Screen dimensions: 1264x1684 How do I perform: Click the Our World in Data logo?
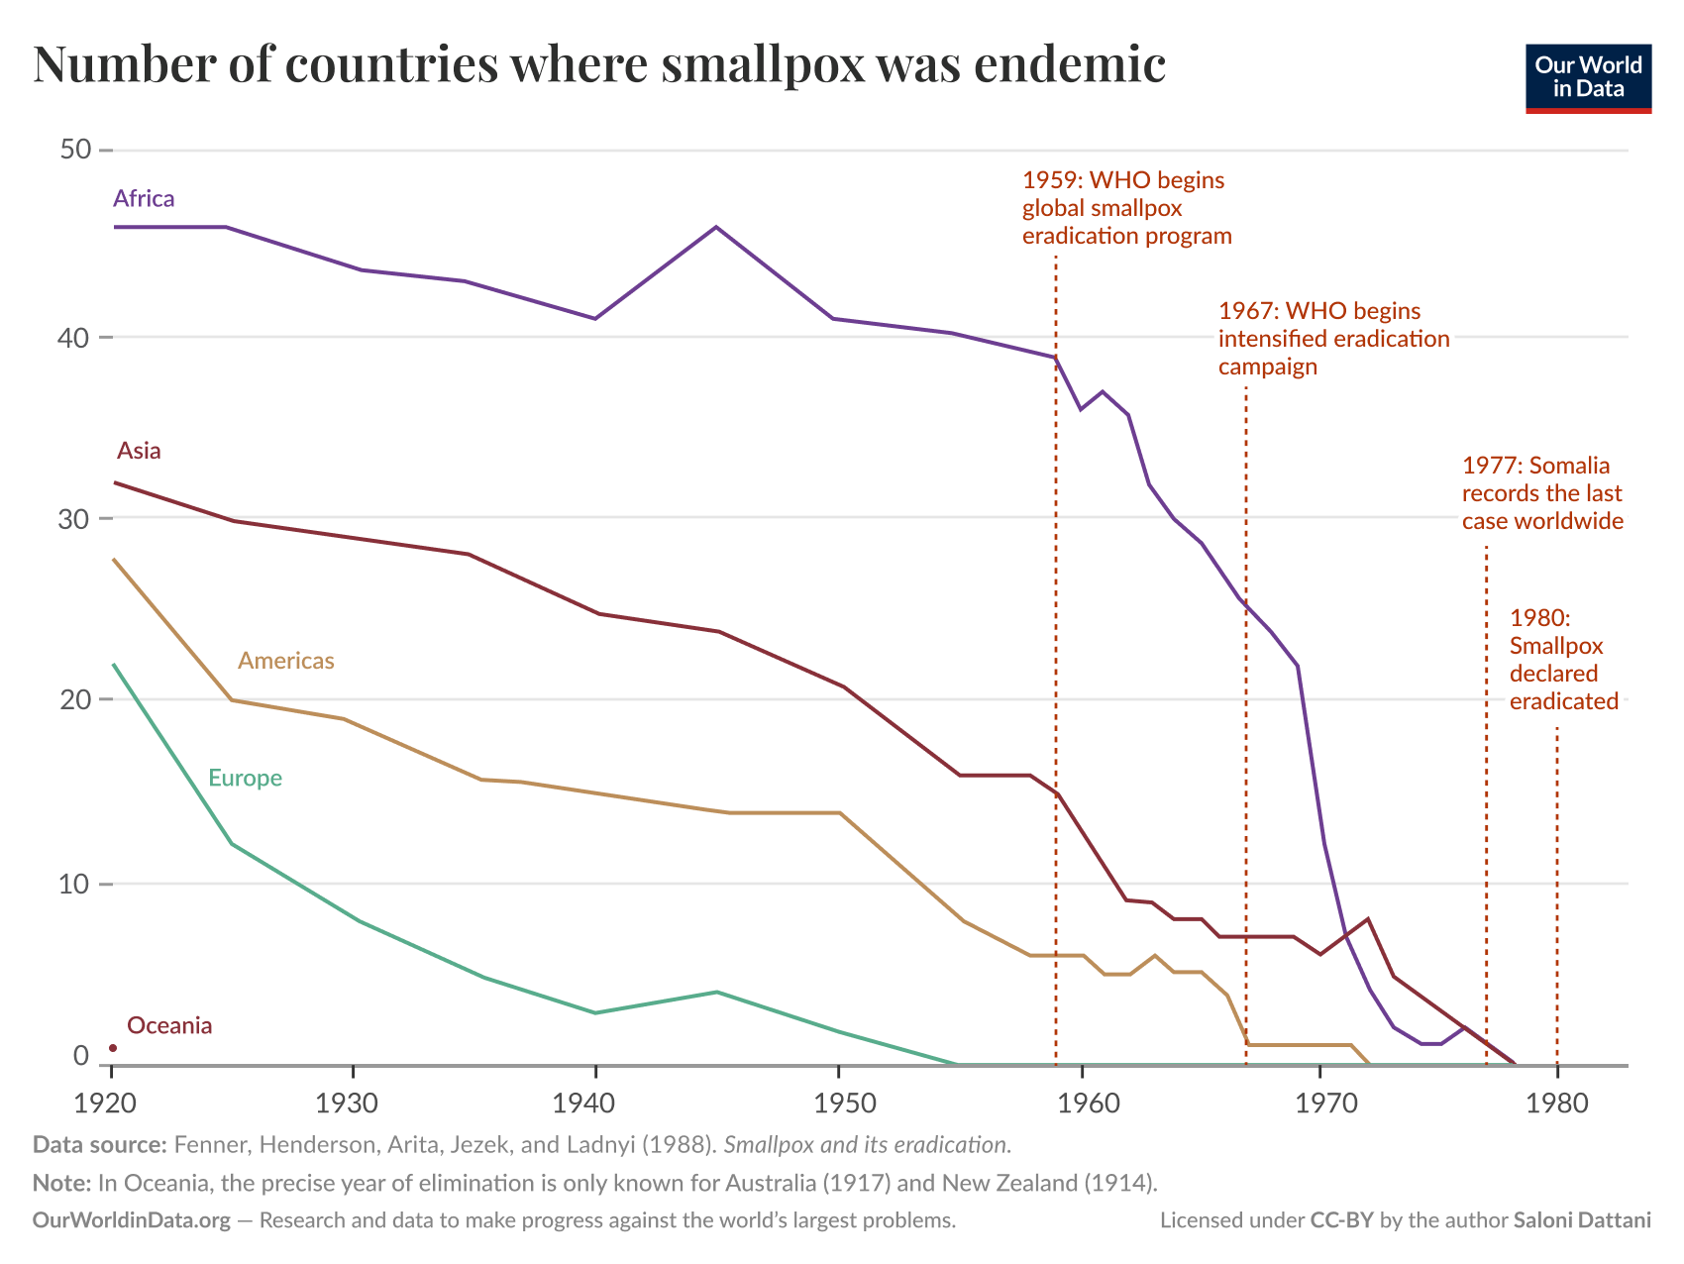tap(1588, 78)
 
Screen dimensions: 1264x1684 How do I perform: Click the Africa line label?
tap(144, 199)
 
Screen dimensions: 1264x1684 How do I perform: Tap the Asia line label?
tap(139, 451)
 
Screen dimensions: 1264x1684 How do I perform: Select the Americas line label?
tap(285, 661)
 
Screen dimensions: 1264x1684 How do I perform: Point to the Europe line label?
tap(245, 779)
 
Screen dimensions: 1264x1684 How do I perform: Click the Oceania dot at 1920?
tap(113, 1048)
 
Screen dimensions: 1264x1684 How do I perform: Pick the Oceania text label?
tap(169, 1026)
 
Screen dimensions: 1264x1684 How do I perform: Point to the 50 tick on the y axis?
tap(74, 150)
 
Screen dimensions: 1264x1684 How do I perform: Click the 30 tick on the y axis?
tap(74, 519)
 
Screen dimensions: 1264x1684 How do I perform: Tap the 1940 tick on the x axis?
tap(594, 1102)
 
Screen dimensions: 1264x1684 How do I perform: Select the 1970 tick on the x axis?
tap(1319, 1102)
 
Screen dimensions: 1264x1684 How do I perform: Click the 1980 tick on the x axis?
tap(1557, 1102)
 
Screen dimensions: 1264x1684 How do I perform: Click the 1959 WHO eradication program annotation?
tap(1126, 208)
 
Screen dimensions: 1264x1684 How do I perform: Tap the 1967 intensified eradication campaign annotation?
tap(1333, 339)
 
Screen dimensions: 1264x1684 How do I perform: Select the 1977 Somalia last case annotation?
tap(1542, 493)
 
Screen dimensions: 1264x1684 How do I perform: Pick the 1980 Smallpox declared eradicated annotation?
tap(1563, 660)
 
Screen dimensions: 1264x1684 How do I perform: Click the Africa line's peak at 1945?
tap(716, 227)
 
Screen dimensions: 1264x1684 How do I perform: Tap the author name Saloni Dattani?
tap(1582, 1220)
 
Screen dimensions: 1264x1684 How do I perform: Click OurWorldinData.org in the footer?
tap(131, 1220)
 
